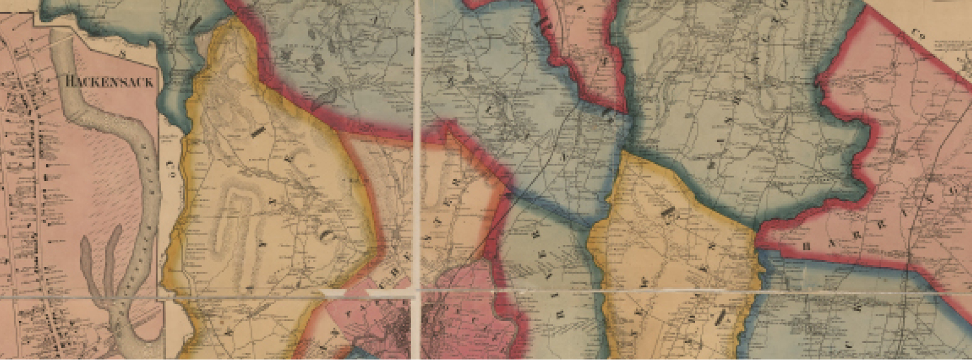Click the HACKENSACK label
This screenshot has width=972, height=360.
click(x=110, y=82)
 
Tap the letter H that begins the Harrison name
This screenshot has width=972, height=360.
click(x=806, y=247)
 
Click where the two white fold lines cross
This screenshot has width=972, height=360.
click(x=418, y=289)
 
